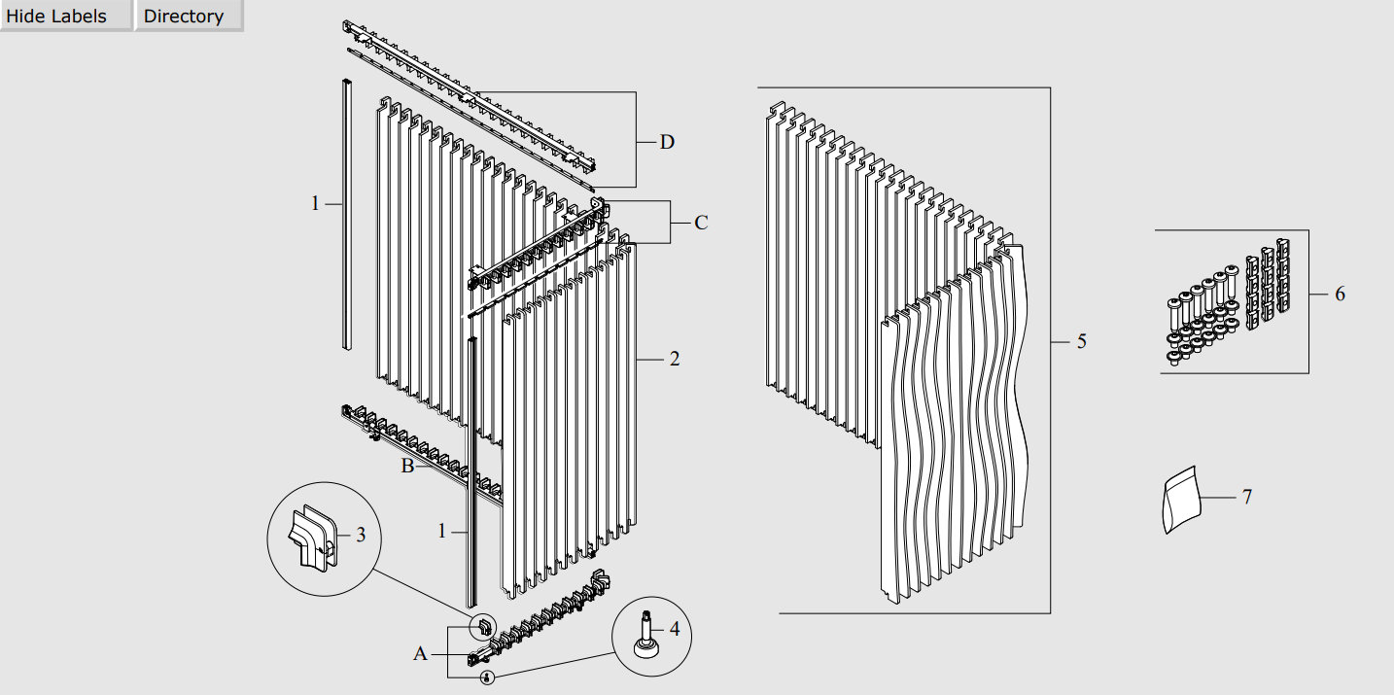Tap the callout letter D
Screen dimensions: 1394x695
point(667,142)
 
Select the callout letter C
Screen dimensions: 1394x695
point(701,223)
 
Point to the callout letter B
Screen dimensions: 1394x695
point(407,466)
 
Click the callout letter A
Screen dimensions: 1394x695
point(420,654)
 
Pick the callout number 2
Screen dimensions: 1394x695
point(675,359)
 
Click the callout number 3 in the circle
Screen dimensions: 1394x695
point(361,535)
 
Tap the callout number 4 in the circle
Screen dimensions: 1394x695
point(675,629)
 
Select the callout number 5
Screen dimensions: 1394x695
point(1082,341)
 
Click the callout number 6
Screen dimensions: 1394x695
point(1340,294)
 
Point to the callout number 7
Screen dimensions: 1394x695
point(1247,497)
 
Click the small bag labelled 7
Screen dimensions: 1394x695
point(1181,500)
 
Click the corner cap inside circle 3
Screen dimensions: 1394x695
point(313,536)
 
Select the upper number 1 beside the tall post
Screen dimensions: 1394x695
point(316,203)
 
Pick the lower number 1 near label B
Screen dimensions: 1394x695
point(442,532)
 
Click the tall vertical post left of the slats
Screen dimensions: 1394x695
point(347,214)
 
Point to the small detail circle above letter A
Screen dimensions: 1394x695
point(483,627)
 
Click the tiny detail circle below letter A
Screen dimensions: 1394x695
point(488,677)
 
